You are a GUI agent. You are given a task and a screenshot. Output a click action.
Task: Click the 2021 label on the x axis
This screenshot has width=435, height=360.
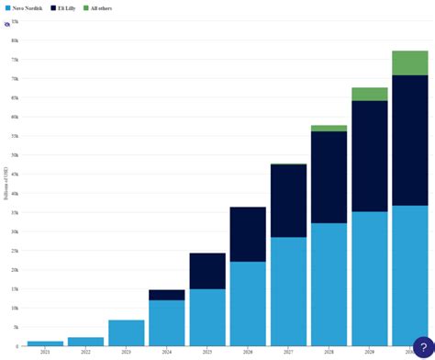pos(45,352)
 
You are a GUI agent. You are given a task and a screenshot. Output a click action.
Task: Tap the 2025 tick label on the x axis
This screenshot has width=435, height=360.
pos(207,352)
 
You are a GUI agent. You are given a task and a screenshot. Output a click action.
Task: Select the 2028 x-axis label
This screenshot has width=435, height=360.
pos(329,352)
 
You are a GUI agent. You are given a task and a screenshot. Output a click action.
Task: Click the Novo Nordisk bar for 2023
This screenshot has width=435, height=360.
pos(126,332)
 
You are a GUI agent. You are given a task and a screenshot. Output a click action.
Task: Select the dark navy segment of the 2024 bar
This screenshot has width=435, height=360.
pos(166,295)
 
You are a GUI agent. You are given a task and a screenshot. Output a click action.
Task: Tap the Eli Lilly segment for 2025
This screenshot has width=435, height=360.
pos(207,271)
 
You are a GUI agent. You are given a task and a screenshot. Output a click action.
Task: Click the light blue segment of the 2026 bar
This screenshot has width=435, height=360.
pos(248,303)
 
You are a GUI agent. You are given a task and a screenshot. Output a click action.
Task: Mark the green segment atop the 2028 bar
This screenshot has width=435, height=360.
pos(329,129)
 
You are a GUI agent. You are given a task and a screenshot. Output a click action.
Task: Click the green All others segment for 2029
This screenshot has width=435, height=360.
pos(369,94)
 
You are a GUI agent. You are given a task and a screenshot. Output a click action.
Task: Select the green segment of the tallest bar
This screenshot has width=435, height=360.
pos(409,62)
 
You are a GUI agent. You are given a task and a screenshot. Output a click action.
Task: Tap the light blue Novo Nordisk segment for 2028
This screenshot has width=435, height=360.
pos(329,284)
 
